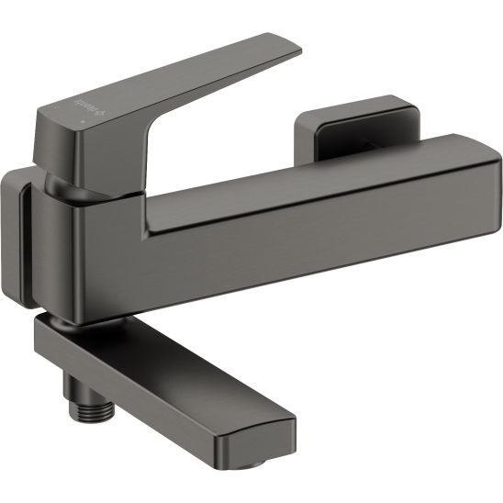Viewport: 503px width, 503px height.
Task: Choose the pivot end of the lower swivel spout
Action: coord(55,340)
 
